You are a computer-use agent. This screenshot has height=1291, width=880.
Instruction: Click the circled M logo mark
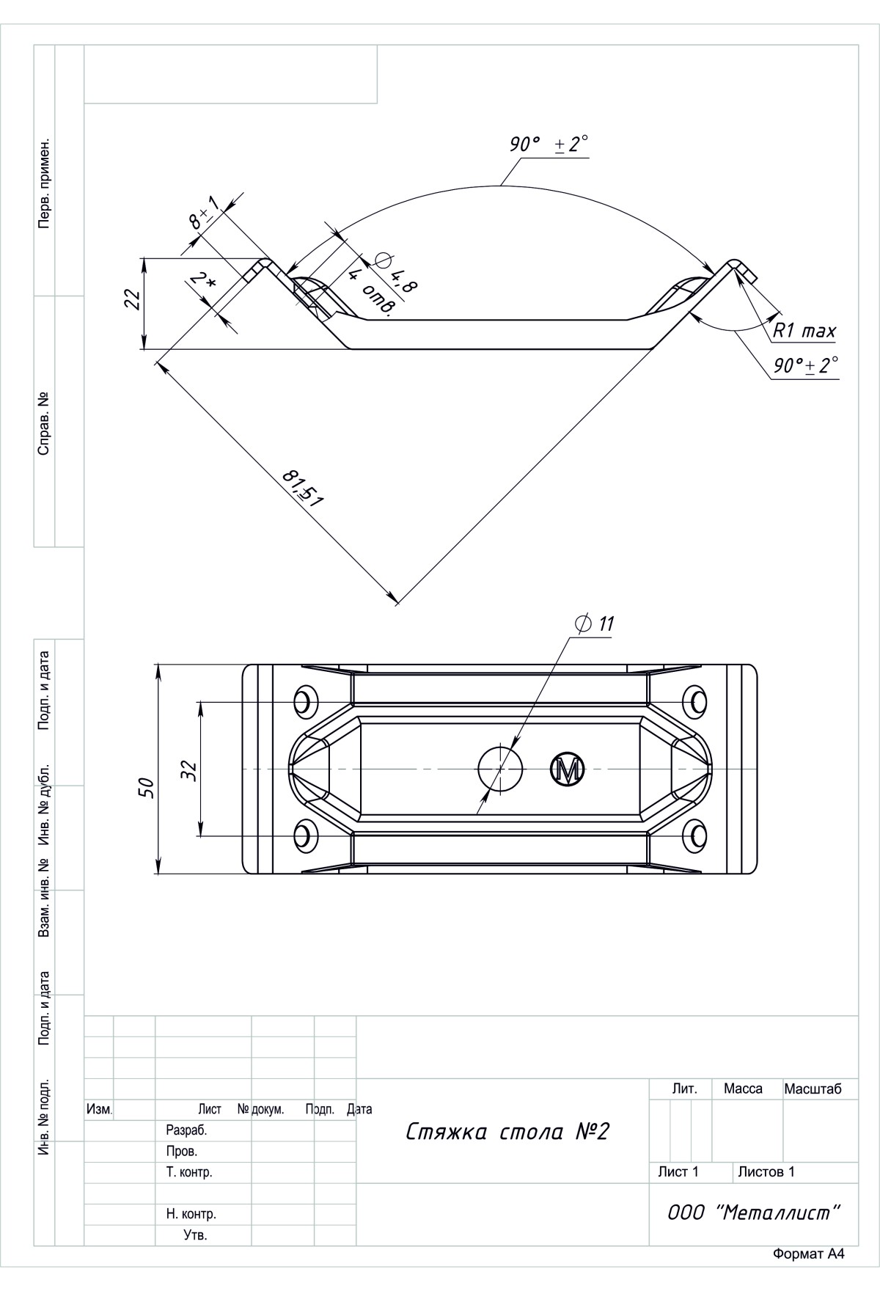pos(567,769)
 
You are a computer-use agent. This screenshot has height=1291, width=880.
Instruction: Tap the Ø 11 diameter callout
pos(595,624)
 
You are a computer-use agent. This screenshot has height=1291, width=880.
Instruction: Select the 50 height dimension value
pos(146,787)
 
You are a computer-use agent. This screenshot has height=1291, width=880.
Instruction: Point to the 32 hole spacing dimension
pos(188,769)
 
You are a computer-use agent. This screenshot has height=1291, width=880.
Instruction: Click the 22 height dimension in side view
pos(132,299)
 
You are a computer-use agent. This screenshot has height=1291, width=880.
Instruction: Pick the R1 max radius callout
pos(804,331)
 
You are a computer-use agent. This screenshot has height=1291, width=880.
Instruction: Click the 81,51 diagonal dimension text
pos(303,489)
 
